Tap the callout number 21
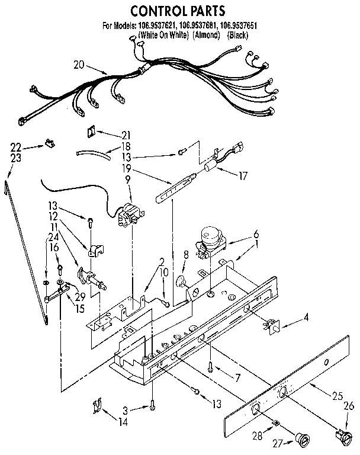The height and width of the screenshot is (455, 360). coord(125,134)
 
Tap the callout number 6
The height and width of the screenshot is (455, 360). coord(256,233)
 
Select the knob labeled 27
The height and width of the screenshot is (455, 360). coord(303,439)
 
